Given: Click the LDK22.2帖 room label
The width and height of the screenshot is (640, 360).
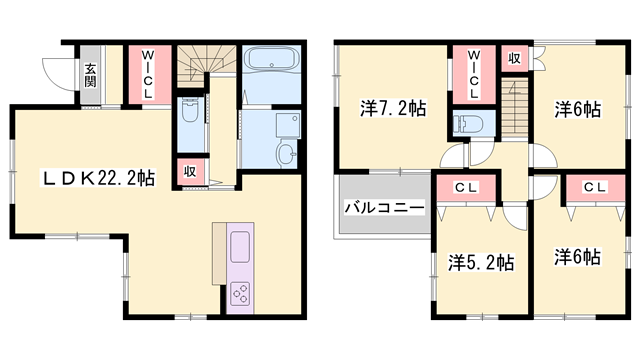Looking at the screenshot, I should (x=98, y=179).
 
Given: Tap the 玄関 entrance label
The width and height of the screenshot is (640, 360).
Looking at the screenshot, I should (x=90, y=75).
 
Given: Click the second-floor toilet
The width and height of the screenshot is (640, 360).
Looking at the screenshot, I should (x=469, y=125).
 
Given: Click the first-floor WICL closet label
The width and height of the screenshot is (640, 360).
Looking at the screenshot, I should (x=146, y=73).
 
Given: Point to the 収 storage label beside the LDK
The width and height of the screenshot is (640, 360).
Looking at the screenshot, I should (x=188, y=171).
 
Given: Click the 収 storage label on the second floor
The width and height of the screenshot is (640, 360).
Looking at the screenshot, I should (x=513, y=58).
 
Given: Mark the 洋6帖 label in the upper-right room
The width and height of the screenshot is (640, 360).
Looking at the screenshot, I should (x=578, y=109).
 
